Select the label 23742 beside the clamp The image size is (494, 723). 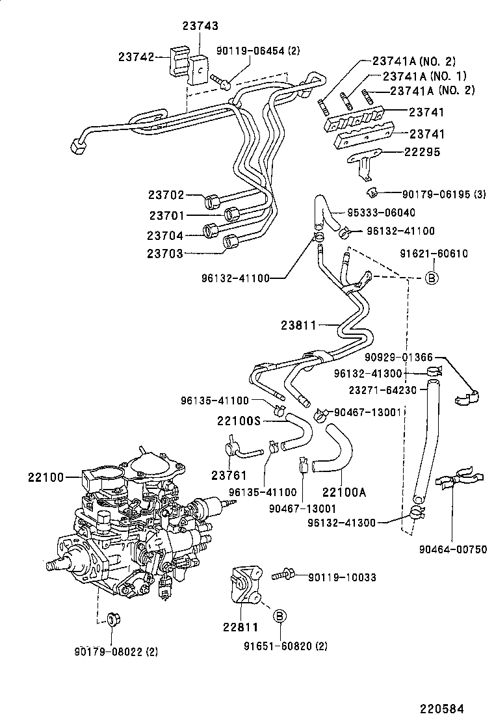coord(136,57)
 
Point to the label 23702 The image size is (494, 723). coord(165,195)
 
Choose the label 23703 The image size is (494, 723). coord(165,254)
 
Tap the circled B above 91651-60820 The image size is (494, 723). coord(278,615)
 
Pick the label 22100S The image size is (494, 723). coord(239,421)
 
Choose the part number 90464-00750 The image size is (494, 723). coord(454,549)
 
